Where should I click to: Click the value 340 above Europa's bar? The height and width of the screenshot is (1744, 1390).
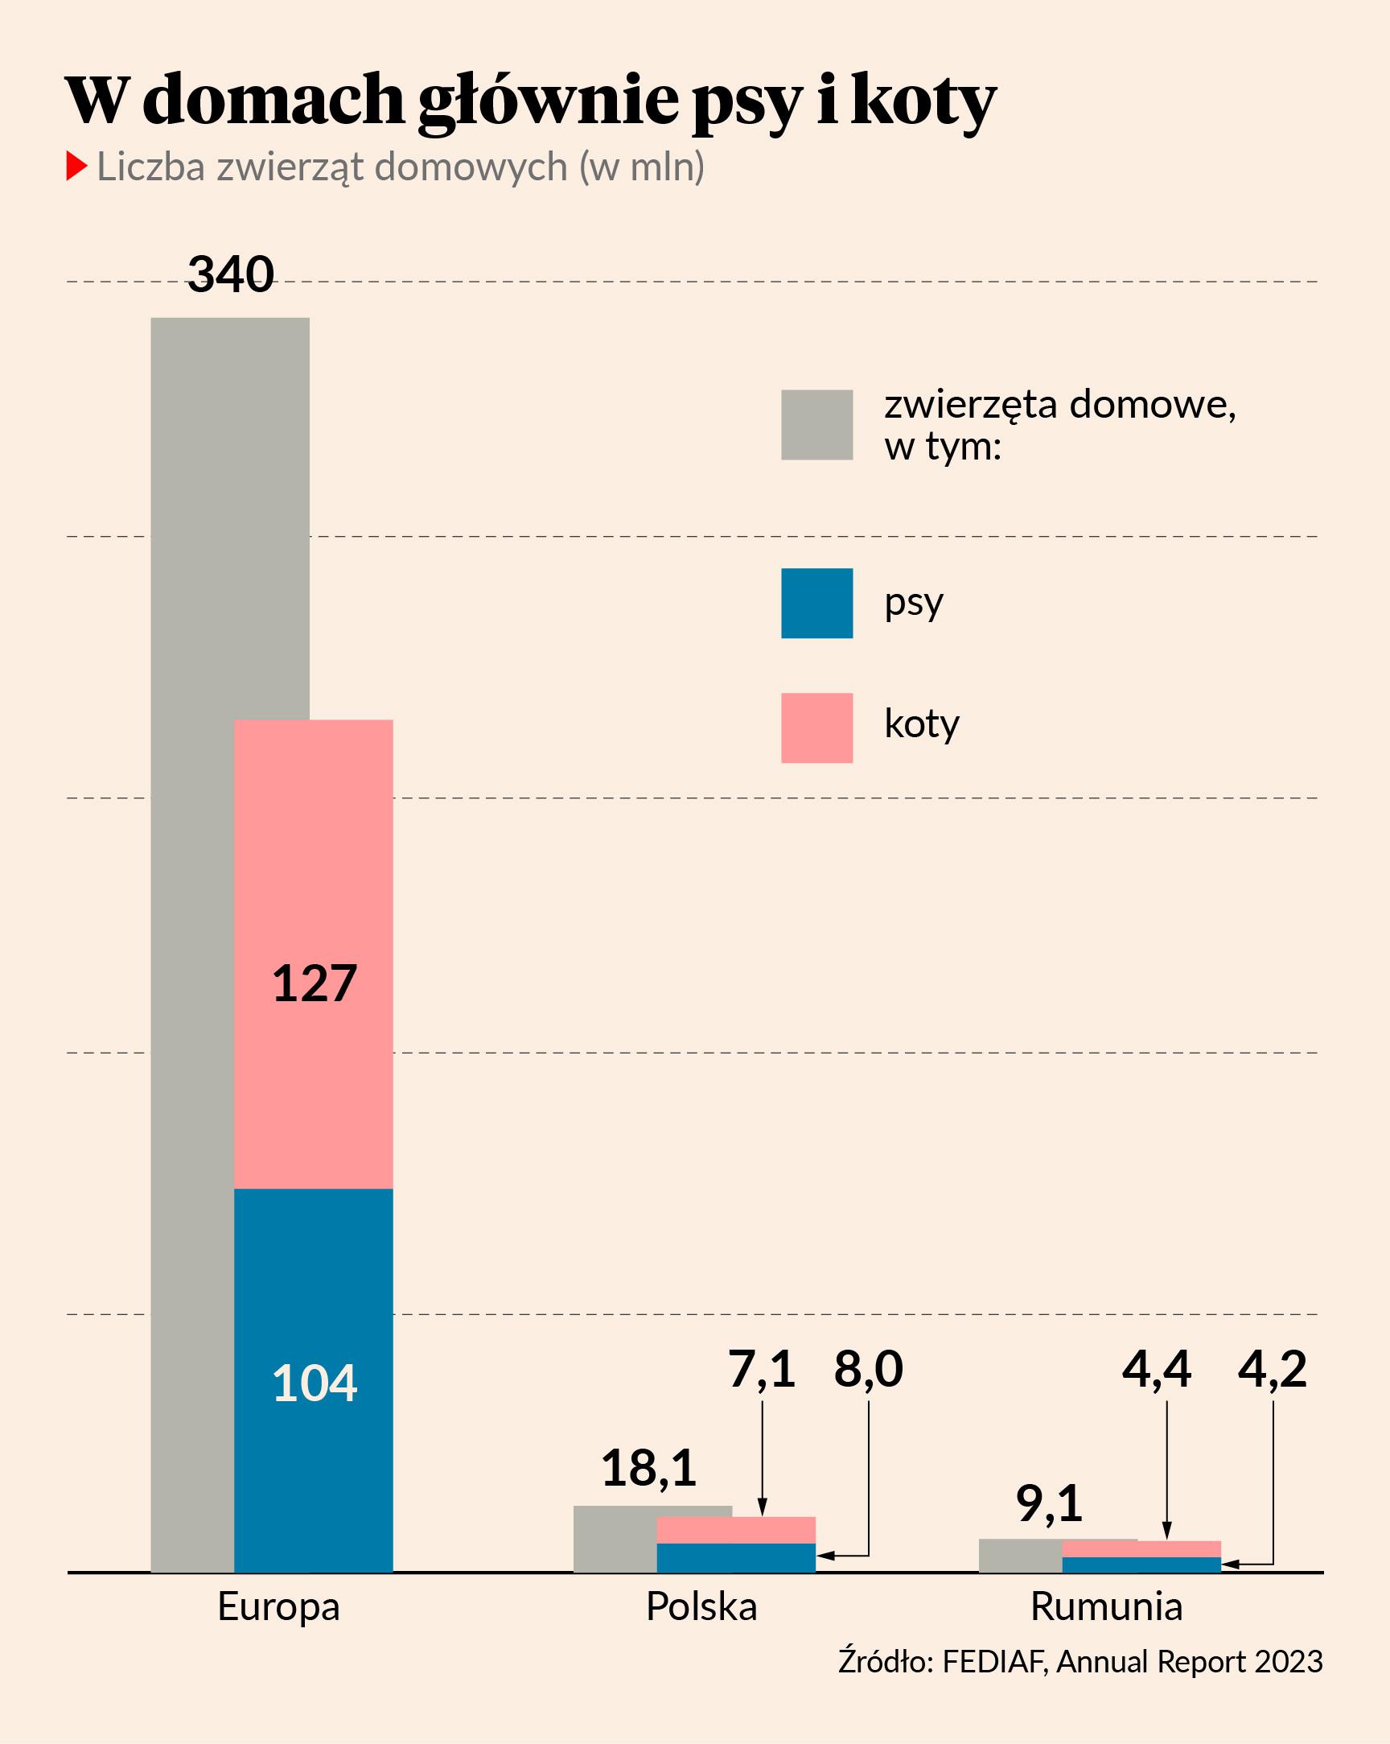tap(231, 274)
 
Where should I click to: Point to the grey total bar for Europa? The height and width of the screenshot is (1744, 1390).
tap(192, 890)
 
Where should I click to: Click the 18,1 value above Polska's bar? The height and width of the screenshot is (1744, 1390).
tap(648, 1469)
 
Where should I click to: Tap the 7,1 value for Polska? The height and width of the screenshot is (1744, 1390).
tap(762, 1370)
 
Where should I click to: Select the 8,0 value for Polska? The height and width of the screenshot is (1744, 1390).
tap(869, 1370)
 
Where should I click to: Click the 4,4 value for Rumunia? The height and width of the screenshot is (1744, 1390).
tap(1156, 1370)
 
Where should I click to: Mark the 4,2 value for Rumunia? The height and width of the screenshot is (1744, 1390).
tap(1272, 1370)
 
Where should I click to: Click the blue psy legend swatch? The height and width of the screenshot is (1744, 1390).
tap(816, 604)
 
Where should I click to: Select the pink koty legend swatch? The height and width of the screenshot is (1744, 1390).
tap(816, 728)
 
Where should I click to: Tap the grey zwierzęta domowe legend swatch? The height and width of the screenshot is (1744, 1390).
tap(816, 425)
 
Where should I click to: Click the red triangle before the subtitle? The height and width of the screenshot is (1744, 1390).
tap(76, 166)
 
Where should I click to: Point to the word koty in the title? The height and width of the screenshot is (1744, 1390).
tap(923, 101)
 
